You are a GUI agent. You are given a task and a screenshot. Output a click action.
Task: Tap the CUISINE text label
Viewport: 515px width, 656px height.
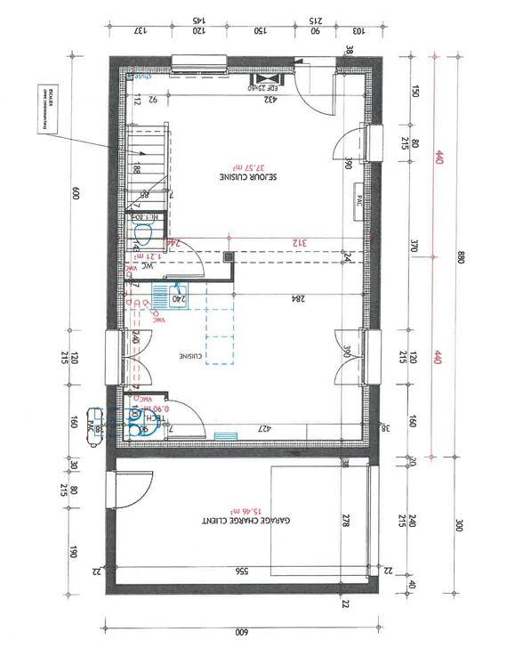[189, 356]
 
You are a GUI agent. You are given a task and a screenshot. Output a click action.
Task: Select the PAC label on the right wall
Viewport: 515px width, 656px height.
[358, 199]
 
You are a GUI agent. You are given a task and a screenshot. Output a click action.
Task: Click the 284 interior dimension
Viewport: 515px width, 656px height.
[298, 299]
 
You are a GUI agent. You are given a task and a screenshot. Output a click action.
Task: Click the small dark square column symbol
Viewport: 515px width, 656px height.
[229, 257]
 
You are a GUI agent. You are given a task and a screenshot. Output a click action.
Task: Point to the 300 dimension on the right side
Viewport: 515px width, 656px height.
[460, 526]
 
